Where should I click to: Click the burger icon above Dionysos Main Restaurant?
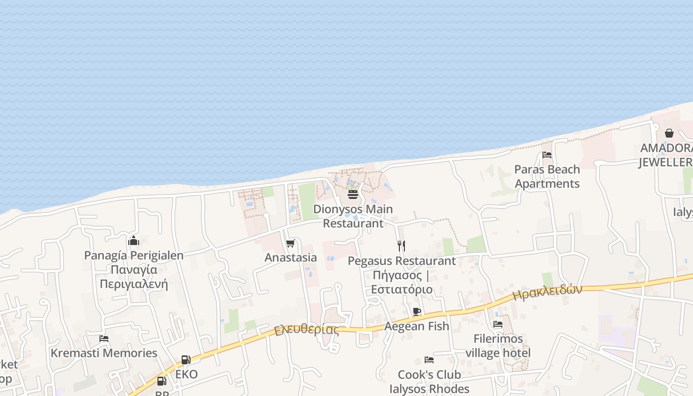(353, 195)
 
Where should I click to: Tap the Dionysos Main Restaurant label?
(353, 216)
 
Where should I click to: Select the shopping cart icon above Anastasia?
(291, 243)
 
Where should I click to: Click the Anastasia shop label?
(291, 257)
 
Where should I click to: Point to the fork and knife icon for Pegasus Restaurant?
(401, 245)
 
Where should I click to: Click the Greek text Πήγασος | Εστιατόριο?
(401, 282)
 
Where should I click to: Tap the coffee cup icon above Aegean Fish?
(417, 311)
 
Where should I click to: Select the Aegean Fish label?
(417, 326)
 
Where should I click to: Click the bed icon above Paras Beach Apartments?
(547, 155)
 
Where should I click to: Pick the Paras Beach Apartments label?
(547, 176)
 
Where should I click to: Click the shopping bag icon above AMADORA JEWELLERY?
(669, 133)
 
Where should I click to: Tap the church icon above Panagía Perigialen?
(134, 241)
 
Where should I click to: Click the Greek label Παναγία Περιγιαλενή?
(134, 277)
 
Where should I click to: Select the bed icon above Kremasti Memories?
(104, 339)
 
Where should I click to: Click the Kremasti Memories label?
(104, 353)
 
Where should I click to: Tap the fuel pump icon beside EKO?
(186, 360)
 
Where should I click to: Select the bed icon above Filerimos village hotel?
(498, 324)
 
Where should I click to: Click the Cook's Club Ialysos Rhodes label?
(429, 382)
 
